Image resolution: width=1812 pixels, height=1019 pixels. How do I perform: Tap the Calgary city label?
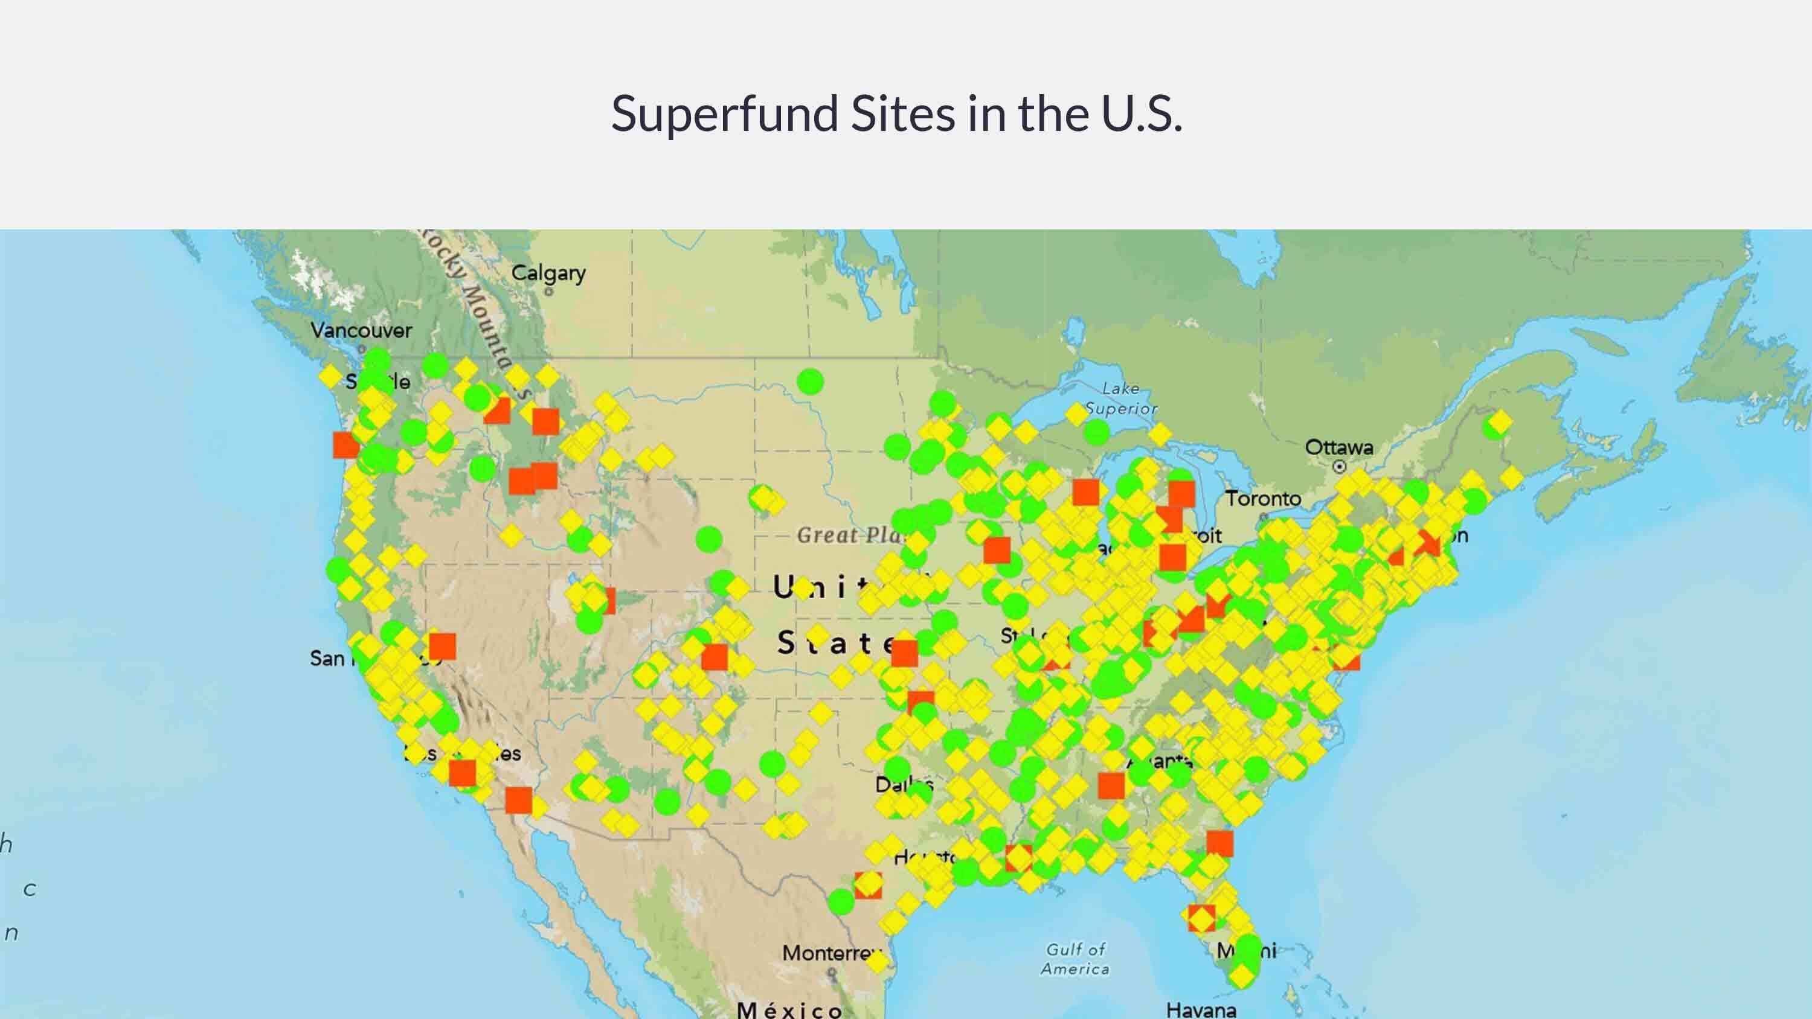548,273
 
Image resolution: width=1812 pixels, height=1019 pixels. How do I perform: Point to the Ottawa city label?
1338,447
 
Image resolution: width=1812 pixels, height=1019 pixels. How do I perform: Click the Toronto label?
1264,499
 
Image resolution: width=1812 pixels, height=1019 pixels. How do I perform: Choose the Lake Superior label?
1120,398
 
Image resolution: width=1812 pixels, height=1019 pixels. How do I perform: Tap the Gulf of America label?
1076,959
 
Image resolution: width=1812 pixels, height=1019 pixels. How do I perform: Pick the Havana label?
1201,1010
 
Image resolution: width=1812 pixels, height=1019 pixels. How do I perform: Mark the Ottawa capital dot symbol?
1339,466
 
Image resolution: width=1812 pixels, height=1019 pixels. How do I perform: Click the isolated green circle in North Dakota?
811,382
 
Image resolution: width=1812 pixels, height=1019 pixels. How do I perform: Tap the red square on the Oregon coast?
345,445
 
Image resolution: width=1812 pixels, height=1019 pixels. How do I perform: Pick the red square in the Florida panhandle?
1219,843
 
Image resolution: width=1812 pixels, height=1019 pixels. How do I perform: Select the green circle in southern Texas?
841,901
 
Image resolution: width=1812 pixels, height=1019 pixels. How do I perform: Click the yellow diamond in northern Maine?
1500,422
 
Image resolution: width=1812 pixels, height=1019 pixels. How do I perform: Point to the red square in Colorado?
714,657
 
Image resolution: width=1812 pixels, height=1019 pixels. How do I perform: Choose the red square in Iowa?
997,550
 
